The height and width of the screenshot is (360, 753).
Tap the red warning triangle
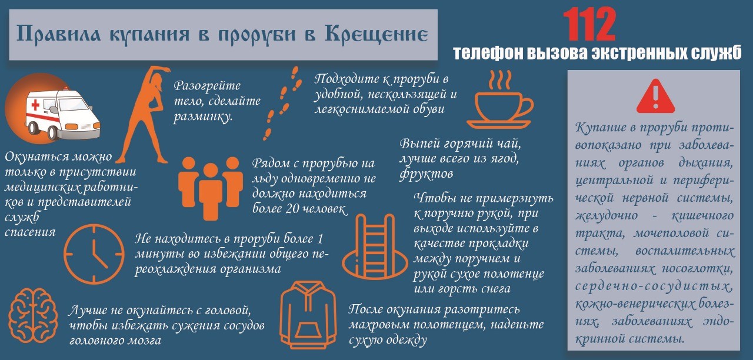coord(655,96)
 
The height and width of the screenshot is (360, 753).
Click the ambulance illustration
coord(62,114)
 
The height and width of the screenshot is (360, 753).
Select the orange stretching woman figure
coord(144,115)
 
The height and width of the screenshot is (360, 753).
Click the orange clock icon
coord(94,254)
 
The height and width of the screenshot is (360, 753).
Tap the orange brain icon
coord(32,315)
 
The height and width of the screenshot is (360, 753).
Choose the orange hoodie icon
coord(308,315)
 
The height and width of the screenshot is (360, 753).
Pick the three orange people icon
coord(211,188)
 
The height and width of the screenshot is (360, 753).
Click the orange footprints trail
coord(281,103)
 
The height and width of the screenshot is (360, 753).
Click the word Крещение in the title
coord(376,35)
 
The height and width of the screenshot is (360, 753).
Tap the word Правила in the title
coord(58,34)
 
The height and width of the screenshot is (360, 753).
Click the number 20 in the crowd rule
coord(292,209)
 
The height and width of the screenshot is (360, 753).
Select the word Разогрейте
coord(207,86)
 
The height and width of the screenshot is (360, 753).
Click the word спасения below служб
coord(30,232)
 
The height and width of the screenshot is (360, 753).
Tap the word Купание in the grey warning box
coord(601,128)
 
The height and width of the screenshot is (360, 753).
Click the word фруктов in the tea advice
coord(427,174)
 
